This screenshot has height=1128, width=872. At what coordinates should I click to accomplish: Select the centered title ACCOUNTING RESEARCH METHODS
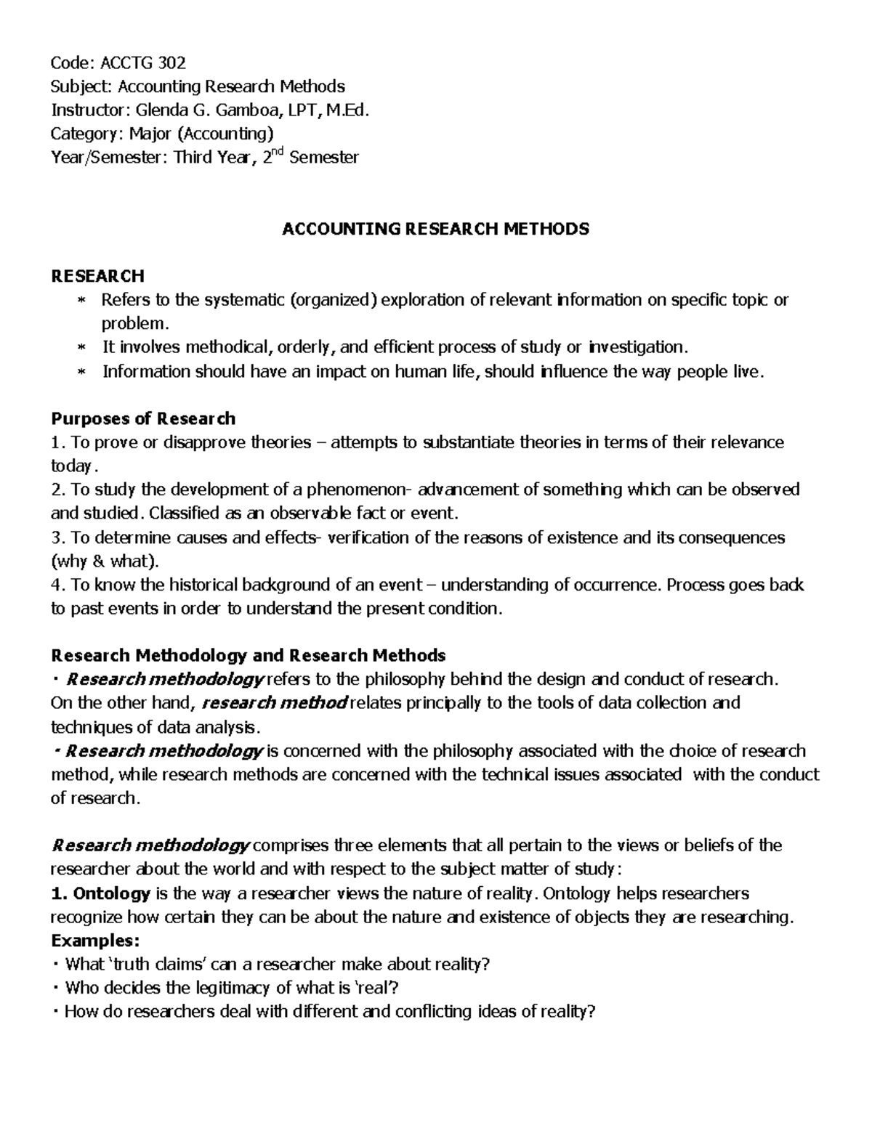click(435, 230)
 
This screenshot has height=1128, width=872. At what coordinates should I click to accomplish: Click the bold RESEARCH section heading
click(97, 276)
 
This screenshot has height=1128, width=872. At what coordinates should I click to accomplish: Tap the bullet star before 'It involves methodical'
click(81, 348)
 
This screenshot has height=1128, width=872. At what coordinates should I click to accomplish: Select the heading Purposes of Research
click(142, 418)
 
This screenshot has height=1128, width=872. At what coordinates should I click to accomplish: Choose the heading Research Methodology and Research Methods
click(248, 656)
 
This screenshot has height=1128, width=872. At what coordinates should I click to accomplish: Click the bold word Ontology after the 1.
click(112, 893)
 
